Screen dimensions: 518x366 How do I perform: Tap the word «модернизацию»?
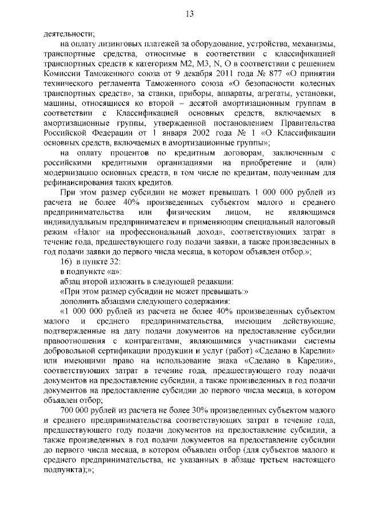pos(73,175)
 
